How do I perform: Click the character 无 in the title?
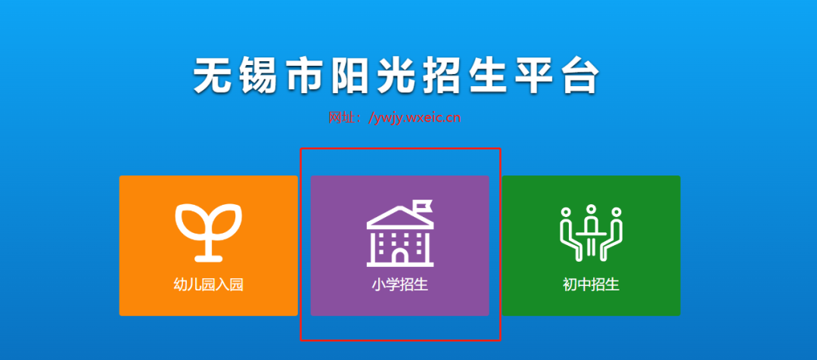(213, 76)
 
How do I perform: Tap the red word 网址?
(340, 118)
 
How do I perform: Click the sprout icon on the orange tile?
(209, 232)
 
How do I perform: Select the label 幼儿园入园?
(209, 285)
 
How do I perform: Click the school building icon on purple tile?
(400, 233)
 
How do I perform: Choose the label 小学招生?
(400, 285)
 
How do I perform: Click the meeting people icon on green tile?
(592, 233)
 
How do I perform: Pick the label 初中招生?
(592, 285)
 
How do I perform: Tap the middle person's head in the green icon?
(592, 209)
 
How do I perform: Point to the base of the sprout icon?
(209, 257)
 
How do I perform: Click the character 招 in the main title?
(441, 76)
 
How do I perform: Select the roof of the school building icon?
(400, 217)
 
